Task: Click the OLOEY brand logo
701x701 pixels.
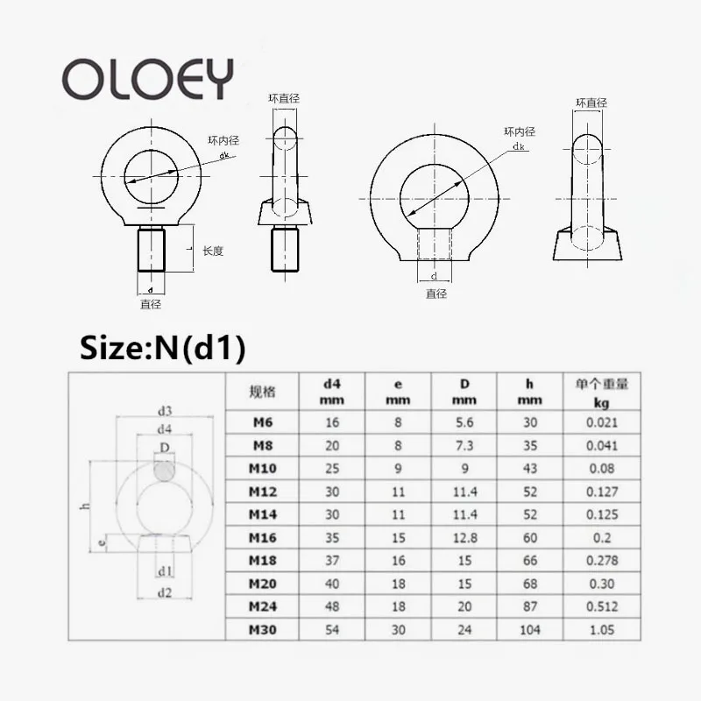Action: click(147, 79)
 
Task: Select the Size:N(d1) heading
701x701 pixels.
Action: click(162, 348)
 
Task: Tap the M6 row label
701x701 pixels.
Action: click(262, 422)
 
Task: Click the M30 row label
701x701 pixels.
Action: click(262, 629)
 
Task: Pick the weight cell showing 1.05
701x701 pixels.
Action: click(602, 629)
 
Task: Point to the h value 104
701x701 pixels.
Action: click(530, 629)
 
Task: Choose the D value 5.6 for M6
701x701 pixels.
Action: click(464, 422)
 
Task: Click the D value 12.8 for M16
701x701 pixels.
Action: click(464, 538)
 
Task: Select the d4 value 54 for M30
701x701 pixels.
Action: click(332, 629)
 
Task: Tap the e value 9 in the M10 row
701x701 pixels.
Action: click(398, 469)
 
